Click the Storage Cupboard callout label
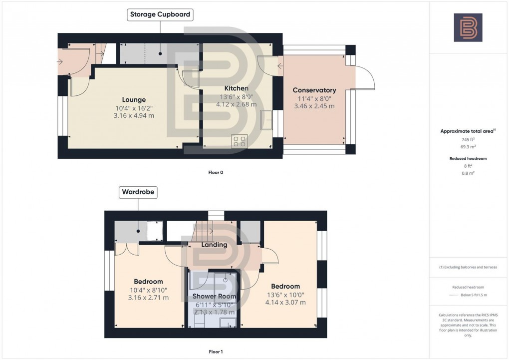point(160,14)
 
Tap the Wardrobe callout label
point(138,192)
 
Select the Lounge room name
point(134,99)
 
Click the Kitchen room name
point(236,88)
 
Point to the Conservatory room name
point(314,90)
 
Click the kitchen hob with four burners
point(240,141)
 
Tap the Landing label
point(214,245)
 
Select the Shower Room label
point(214,296)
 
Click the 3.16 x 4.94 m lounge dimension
point(134,115)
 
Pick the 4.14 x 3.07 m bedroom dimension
point(285,302)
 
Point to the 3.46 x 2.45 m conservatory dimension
point(314,106)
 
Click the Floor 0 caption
point(216,173)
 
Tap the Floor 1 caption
point(216,352)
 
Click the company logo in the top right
point(468,27)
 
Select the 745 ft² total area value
point(468,139)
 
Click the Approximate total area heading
point(468,131)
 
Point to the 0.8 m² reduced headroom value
point(468,173)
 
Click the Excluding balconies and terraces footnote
point(468,267)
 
